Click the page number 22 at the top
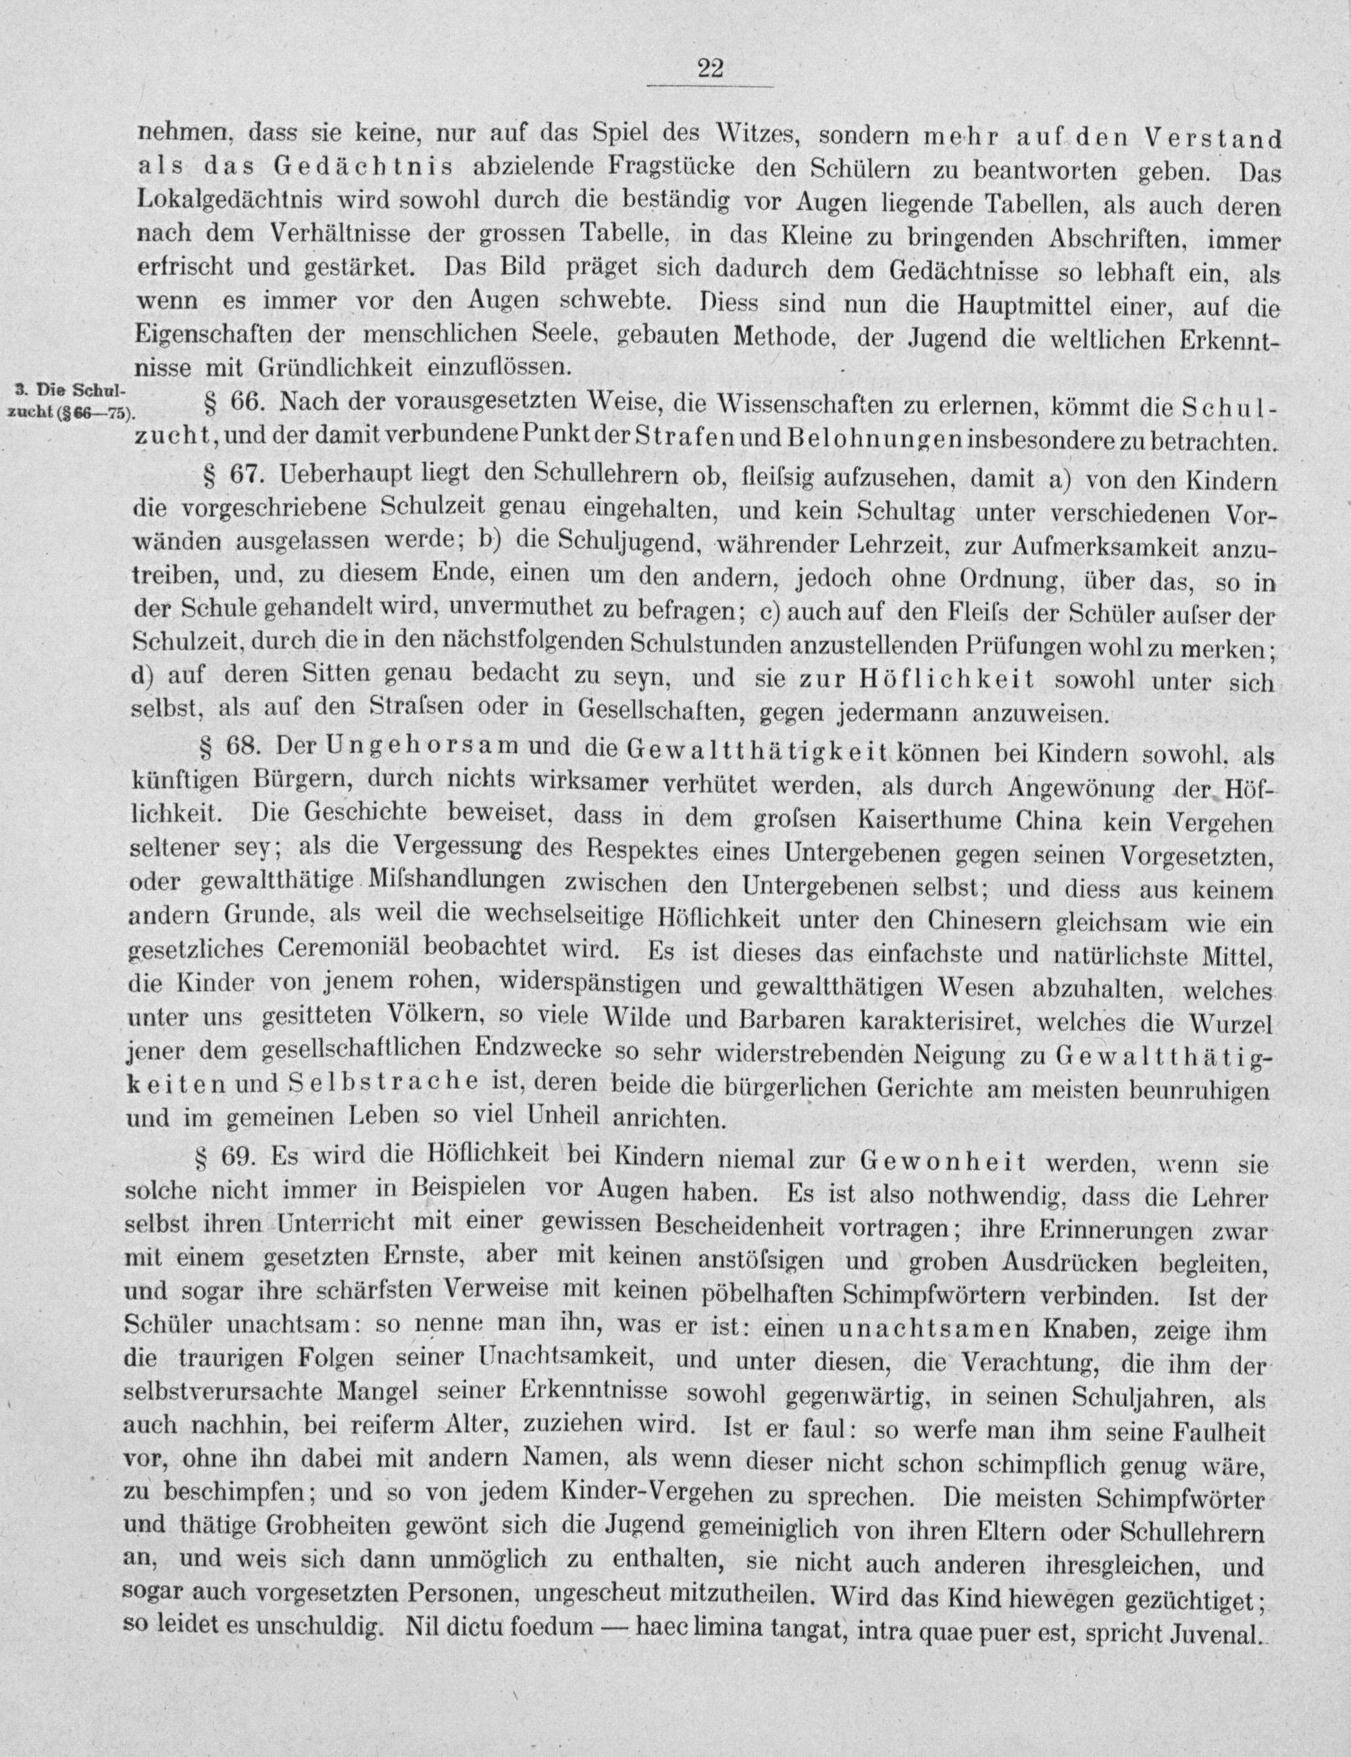pyautogui.click(x=711, y=69)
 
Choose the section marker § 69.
pyautogui.click(x=224, y=1158)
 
